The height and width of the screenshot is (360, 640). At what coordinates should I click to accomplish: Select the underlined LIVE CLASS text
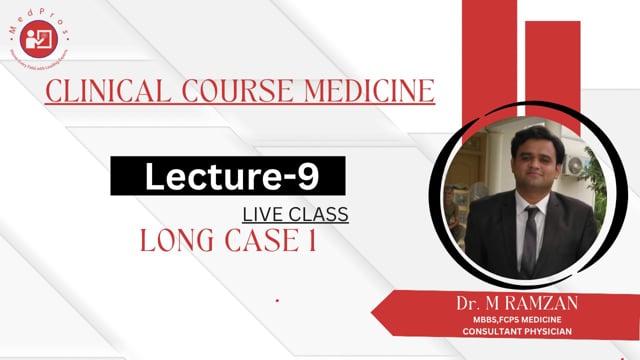pos(295,214)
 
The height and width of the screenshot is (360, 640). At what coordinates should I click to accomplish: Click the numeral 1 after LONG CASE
pos(311,241)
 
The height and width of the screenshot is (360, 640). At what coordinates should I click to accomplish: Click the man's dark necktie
pos(528,240)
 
